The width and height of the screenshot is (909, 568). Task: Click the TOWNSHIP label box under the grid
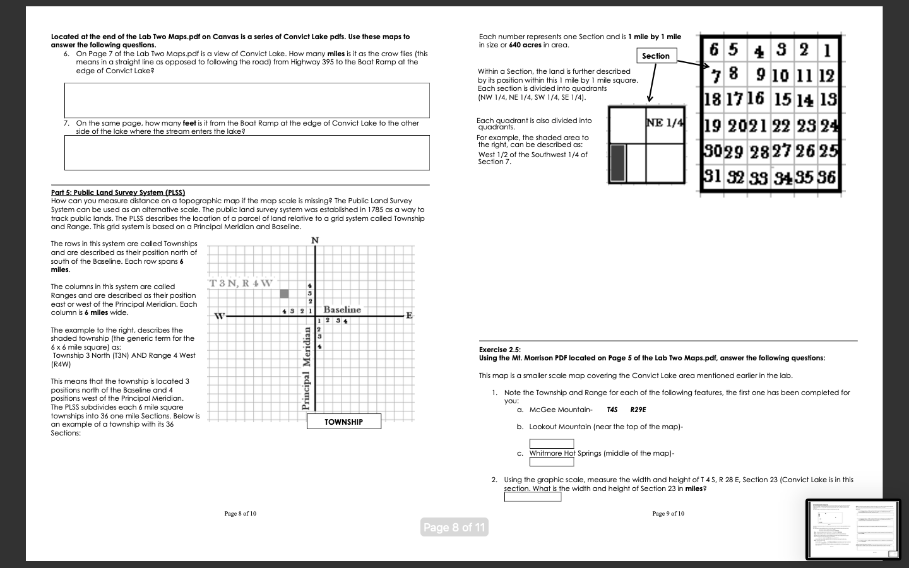[344, 422]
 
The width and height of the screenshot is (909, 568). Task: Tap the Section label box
[656, 56]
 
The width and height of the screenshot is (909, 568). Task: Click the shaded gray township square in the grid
[284, 293]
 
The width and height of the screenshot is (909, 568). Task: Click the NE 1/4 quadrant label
[665, 122]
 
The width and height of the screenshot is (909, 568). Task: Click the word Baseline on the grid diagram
[342, 309]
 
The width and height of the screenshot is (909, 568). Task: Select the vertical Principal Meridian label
[307, 373]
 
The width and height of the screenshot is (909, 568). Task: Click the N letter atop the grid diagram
[315, 240]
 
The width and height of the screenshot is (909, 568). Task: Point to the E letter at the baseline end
[409, 316]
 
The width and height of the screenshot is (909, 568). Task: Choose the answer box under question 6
[247, 100]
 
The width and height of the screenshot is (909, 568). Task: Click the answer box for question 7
[247, 153]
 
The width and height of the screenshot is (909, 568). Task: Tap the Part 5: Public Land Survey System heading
[118, 192]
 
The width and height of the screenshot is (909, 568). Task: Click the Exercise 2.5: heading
[500, 350]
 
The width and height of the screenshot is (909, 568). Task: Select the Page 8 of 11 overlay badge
[454, 528]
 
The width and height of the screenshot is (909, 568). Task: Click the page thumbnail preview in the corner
[853, 529]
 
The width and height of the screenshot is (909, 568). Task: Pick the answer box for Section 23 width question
[533, 497]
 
